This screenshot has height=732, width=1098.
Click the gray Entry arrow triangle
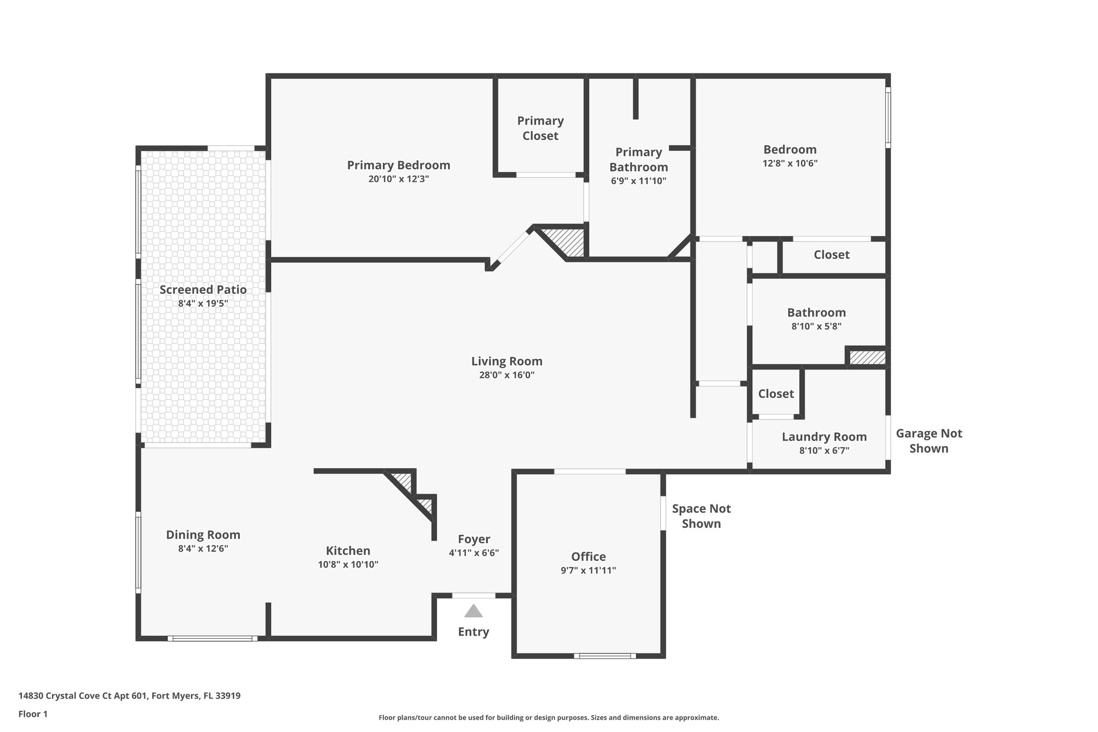click(x=473, y=611)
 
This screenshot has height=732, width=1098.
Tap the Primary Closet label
click(x=540, y=128)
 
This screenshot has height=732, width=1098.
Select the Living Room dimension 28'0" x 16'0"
click(x=507, y=375)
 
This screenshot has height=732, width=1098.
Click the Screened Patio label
click(x=203, y=290)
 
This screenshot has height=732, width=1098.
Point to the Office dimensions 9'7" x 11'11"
click(x=588, y=571)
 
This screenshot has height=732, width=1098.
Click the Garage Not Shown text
click(x=929, y=441)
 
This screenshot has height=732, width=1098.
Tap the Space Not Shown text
click(x=701, y=516)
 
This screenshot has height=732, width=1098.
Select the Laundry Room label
click(x=824, y=437)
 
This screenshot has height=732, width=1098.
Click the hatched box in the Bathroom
click(x=867, y=358)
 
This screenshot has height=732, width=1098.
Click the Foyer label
click(x=474, y=539)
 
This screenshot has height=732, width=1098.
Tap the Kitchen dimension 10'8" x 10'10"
click(x=348, y=564)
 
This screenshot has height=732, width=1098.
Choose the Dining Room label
click(x=203, y=535)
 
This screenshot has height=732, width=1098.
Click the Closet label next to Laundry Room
click(x=776, y=394)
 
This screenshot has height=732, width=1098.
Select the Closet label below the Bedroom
click(x=832, y=255)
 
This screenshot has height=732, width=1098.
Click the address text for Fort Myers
click(x=129, y=696)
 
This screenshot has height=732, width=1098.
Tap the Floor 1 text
click(x=33, y=714)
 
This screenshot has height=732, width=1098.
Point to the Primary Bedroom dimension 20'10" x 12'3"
click(x=398, y=179)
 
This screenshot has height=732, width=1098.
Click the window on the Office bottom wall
click(x=605, y=655)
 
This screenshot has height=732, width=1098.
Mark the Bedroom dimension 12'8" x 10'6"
click(x=790, y=164)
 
